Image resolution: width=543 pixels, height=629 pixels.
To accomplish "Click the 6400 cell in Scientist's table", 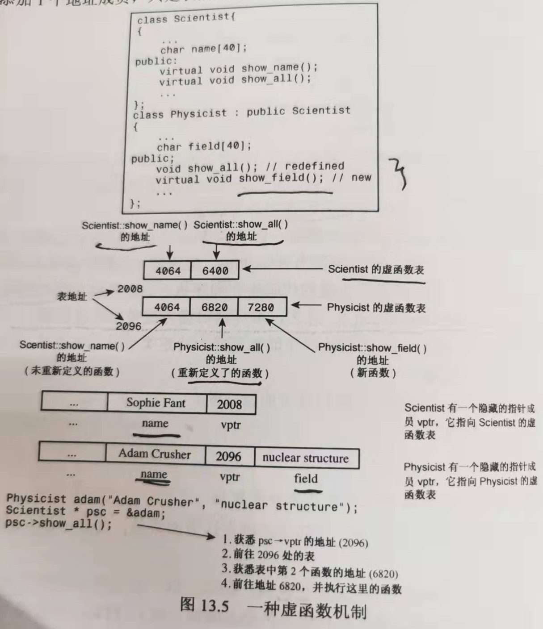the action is tap(215, 271).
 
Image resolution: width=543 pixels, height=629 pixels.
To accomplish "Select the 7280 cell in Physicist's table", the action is tap(261, 307).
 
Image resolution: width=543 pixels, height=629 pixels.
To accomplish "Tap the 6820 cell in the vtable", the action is tap(215, 307).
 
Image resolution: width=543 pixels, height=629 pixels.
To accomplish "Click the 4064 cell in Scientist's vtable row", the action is tap(168, 271).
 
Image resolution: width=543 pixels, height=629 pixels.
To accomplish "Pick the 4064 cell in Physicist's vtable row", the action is tap(167, 307).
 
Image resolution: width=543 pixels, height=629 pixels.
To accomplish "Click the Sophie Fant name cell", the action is tap(156, 403).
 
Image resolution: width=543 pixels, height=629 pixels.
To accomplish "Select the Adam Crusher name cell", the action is tap(155, 454).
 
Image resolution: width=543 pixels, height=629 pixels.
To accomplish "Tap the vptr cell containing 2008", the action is tap(230, 404).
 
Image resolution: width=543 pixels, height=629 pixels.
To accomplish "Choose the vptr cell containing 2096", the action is tap(228, 456).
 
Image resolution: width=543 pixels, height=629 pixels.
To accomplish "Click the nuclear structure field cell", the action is tap(306, 458).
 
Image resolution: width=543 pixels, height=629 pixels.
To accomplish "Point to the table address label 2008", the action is tap(130, 289).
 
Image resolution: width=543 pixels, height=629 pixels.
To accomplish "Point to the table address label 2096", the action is tap(129, 326).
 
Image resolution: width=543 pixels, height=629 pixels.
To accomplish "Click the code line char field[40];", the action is tap(204, 146).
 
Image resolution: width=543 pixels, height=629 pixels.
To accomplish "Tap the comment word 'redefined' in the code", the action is tap(315, 167).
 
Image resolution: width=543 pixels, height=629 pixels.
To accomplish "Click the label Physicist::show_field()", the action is tap(372, 348).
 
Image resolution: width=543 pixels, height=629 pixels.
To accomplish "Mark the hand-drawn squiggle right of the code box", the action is tap(399, 174).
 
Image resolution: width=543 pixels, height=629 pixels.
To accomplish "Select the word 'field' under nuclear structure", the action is tap(306, 479).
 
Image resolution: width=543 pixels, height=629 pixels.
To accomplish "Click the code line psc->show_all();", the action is tap(59, 524).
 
